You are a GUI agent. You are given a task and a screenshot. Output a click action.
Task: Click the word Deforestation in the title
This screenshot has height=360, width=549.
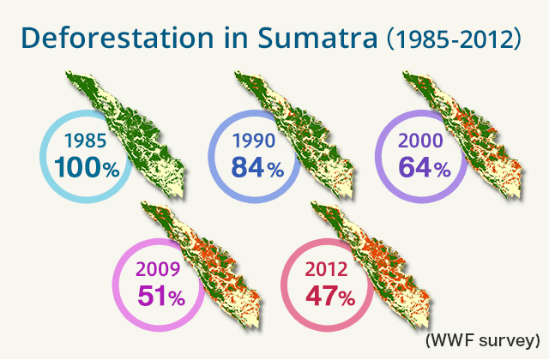(x=118, y=38)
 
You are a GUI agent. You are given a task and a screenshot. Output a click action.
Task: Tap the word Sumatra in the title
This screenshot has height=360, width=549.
(x=318, y=38)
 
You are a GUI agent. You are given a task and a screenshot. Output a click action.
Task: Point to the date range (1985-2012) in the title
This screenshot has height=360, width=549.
(x=454, y=39)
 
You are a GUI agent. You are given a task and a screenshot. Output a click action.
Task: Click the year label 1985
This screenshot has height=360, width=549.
(x=86, y=141)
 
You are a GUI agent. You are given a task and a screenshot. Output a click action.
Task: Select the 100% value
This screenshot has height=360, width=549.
(x=87, y=167)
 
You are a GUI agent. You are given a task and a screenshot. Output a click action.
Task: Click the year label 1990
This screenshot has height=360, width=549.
(x=254, y=141)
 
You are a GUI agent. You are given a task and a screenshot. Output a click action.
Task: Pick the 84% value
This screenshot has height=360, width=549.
(x=257, y=167)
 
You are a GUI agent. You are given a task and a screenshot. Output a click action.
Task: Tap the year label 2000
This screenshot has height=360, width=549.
(x=421, y=141)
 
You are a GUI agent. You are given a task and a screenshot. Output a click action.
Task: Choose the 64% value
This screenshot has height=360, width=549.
(x=425, y=167)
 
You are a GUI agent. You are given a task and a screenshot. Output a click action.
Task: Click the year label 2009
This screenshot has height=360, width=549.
(x=158, y=269)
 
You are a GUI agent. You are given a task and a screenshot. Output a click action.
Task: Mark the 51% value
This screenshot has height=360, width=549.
(x=161, y=296)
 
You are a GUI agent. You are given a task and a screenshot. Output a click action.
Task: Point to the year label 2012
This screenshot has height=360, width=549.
(x=326, y=269)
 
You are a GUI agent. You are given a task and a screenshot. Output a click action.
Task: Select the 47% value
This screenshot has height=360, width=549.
(x=330, y=296)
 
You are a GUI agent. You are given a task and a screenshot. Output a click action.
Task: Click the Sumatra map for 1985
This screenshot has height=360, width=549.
(x=136, y=136)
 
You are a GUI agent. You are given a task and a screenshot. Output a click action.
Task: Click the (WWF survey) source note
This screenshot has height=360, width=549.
(x=483, y=340)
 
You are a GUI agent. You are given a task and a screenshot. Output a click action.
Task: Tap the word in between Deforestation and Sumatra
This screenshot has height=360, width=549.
(x=236, y=38)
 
